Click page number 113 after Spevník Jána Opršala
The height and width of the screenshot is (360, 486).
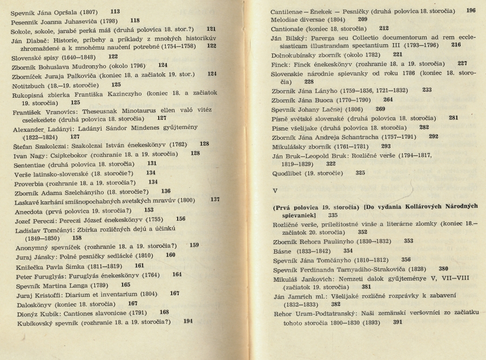coord(115,11)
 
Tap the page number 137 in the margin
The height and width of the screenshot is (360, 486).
coord(215,200)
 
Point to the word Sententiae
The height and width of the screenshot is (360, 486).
coord(29,164)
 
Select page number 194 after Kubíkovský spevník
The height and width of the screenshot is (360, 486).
coord(188,322)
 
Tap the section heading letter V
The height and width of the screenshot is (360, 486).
coord(275,191)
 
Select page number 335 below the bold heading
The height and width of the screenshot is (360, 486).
coord(333,215)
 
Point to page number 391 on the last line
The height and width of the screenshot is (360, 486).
coord(398,322)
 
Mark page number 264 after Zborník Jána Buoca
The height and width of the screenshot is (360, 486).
coord(388,99)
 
